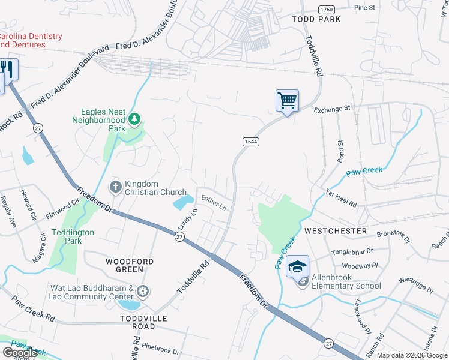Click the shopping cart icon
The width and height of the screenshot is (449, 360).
288,101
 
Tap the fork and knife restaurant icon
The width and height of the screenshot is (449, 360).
8,68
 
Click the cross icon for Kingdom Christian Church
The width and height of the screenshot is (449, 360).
116,188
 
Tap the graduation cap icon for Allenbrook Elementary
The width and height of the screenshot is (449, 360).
297,266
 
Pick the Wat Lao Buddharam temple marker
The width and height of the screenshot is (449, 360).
143,292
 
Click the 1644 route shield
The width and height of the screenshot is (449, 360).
251,142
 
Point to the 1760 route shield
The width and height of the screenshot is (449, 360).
327,10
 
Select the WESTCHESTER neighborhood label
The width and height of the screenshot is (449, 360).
335,230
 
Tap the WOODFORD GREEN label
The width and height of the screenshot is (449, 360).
130,266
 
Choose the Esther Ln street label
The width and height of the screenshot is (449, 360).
214,203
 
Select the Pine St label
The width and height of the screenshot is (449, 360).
364,8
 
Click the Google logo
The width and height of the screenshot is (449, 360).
20,353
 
